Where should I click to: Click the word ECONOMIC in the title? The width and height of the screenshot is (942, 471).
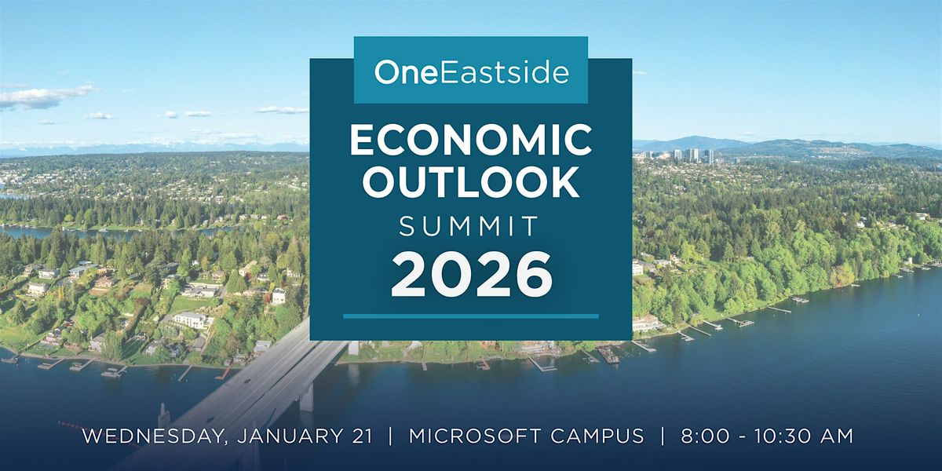point(470,141)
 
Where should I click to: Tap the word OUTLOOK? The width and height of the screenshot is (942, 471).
point(470,182)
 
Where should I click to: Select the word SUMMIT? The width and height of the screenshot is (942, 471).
point(469,226)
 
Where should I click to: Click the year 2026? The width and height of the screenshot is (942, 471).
point(472,275)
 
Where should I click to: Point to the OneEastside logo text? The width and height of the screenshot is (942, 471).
point(472,72)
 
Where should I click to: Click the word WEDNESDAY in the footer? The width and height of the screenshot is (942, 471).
point(152,436)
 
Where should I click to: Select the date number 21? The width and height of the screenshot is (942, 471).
point(361,436)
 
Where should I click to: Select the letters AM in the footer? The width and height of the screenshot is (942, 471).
point(837,436)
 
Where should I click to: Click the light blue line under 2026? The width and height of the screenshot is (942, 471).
point(470,316)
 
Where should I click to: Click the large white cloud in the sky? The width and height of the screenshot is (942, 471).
point(46,97)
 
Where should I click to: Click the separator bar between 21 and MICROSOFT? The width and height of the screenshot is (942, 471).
point(391,436)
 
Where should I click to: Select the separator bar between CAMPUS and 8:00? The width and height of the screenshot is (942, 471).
point(663,436)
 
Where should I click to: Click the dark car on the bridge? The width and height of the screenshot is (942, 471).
point(246,382)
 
